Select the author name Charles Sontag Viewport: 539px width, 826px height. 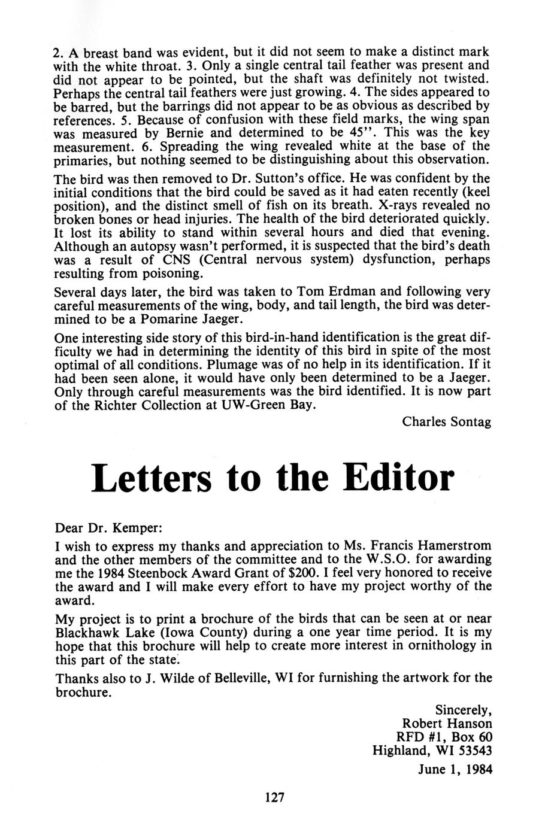(447, 421)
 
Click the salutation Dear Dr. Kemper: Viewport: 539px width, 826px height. (108, 529)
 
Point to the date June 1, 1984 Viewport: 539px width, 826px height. (455, 770)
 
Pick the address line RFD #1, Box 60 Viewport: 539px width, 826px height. (444, 737)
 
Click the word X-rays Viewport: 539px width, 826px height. (376, 205)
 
